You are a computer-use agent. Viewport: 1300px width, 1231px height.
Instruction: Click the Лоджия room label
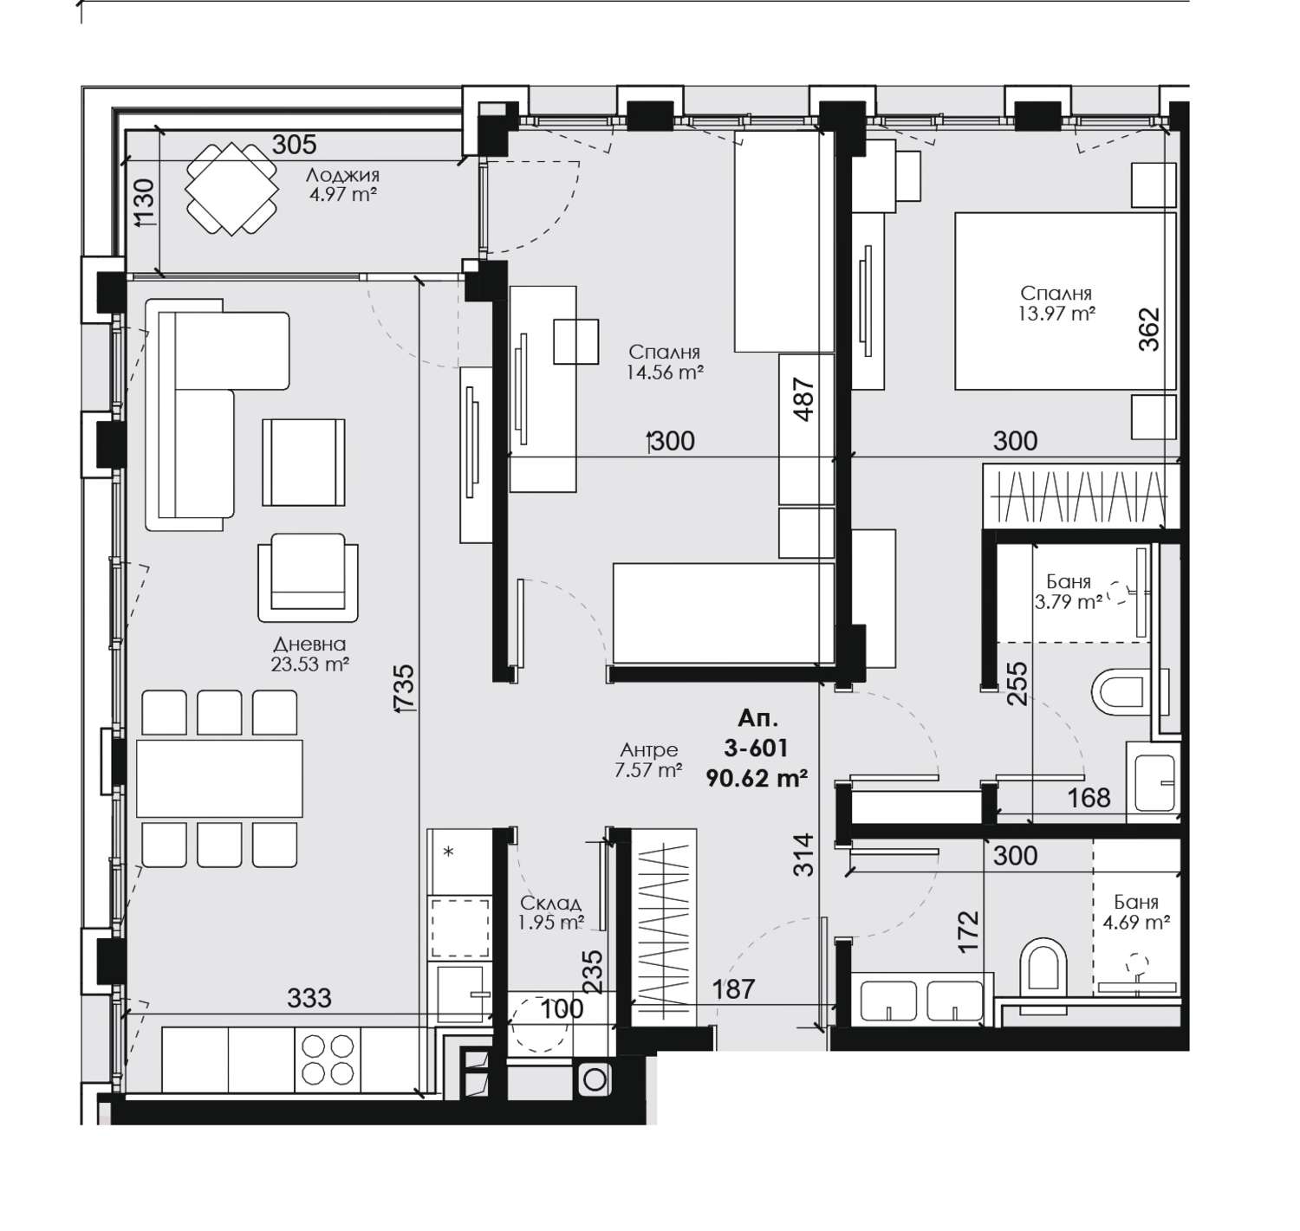pyautogui.click(x=342, y=175)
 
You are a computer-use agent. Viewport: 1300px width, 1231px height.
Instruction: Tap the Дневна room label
pyautogui.click(x=309, y=644)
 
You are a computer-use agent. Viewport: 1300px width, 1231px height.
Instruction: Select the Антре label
pyautogui.click(x=648, y=749)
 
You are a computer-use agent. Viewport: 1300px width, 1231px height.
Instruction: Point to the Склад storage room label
pyautogui.click(x=550, y=903)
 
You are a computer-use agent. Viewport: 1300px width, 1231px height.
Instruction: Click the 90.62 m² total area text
pyautogui.click(x=757, y=778)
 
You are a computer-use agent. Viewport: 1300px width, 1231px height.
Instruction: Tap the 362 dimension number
pyautogui.click(x=1149, y=328)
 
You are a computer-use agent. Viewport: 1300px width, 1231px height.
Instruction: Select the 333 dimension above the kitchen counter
pyautogui.click(x=309, y=998)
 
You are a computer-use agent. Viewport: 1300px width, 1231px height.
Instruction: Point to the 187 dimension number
pyautogui.click(x=733, y=989)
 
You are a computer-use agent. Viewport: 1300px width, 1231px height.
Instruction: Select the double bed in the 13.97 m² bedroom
pyautogui.click(x=1065, y=300)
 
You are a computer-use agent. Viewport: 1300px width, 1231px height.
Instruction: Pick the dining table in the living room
pyautogui.click(x=219, y=778)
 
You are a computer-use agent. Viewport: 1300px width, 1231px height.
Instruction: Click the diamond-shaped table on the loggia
pyautogui.click(x=231, y=189)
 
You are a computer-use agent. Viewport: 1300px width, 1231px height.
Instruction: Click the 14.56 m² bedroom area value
pyautogui.click(x=665, y=373)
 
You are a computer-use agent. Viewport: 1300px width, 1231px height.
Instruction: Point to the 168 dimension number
pyautogui.click(x=1089, y=798)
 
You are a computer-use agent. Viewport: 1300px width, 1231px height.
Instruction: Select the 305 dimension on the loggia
pyautogui.click(x=295, y=144)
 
